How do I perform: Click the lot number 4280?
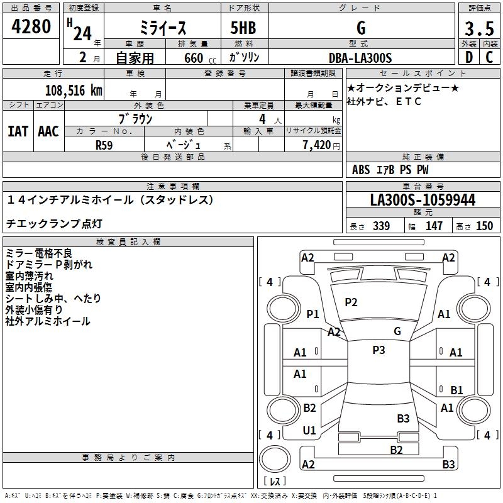coord(31,27)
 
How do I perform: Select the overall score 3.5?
coord(478,28)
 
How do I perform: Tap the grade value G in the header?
coord(361,28)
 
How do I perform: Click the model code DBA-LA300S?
coord(360,58)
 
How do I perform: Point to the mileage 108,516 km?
coord(74,90)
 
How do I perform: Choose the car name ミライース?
coord(162,28)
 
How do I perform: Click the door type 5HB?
coord(238,28)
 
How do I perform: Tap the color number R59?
coord(104,144)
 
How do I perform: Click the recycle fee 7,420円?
coord(320,145)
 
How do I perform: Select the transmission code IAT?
coord(17,131)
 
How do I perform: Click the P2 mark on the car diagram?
coord(351,302)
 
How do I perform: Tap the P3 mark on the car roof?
coord(378,350)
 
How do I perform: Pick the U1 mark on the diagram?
coord(309,430)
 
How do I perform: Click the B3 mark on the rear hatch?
coord(403,418)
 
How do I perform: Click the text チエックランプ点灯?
coord(54,223)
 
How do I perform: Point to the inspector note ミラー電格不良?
coord(39,253)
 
